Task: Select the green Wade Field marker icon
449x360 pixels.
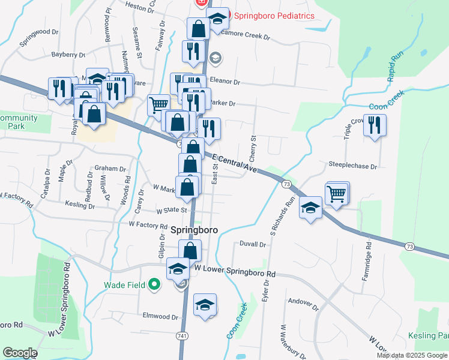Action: pos(154,285)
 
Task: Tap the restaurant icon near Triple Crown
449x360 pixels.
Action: pos(375,125)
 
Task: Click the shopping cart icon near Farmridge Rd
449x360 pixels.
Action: pos(337,193)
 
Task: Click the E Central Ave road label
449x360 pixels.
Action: pos(235,163)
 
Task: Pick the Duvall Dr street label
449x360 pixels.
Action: pos(252,244)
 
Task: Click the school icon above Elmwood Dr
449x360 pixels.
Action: pos(205,305)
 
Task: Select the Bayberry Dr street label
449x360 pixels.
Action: pos(68,55)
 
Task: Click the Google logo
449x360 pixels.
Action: pos(20,353)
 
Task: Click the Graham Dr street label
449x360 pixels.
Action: pos(110,169)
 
